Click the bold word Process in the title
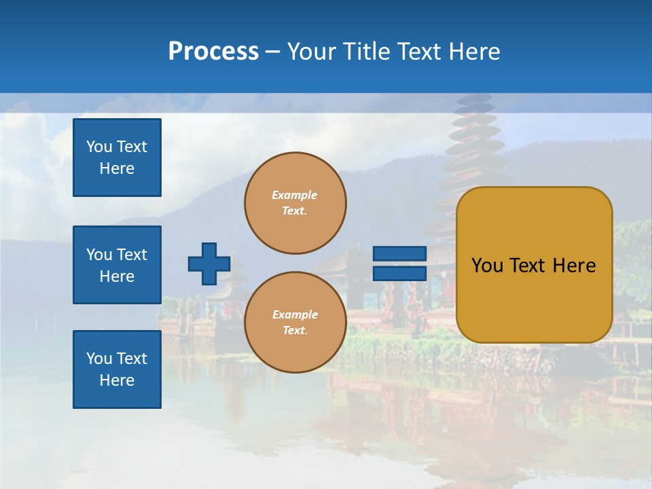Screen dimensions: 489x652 [213, 52]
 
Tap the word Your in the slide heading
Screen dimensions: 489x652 [312, 52]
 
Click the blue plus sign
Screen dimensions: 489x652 [209, 264]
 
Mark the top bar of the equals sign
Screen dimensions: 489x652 [399, 254]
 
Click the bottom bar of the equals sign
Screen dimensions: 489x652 [399, 273]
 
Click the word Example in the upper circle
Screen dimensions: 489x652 [294, 195]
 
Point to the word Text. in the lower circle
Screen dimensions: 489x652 [295, 330]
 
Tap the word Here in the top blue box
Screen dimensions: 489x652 [117, 168]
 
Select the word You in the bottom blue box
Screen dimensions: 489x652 [99, 358]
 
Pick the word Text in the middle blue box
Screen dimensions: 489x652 [132, 255]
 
